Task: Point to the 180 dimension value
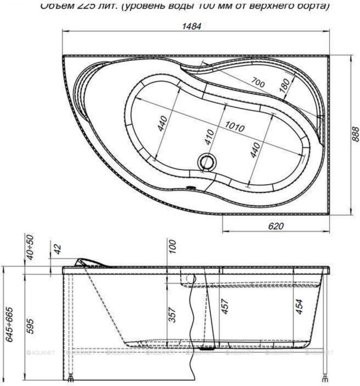285,86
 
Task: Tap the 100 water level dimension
172,246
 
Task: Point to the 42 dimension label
58,248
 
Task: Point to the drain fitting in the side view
208,349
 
